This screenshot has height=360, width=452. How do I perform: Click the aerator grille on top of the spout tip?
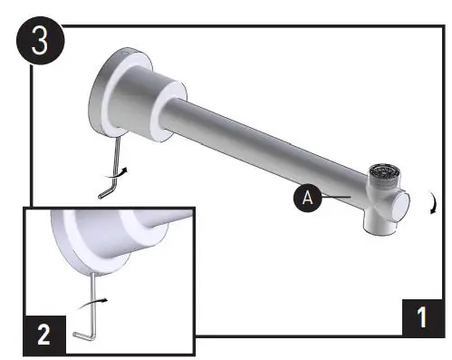[x=388, y=170]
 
